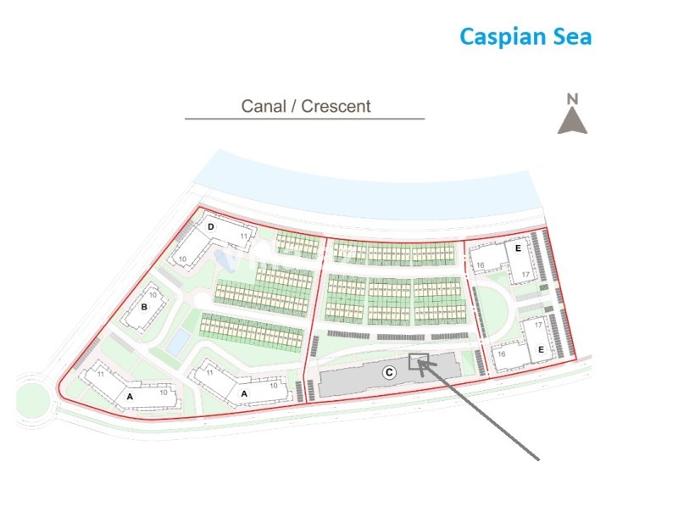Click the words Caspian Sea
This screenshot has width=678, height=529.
[525, 36]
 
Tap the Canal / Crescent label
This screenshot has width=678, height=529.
[306, 106]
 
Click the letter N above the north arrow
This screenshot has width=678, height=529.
[572, 99]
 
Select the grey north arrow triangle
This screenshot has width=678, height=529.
[572, 121]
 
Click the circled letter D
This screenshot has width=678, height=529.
[212, 227]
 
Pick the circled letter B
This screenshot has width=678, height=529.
[145, 307]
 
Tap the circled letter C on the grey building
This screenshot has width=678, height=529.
[388, 371]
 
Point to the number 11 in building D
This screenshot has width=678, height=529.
[243, 237]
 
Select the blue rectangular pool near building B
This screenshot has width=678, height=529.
[176, 343]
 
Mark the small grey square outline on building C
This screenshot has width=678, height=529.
[417, 362]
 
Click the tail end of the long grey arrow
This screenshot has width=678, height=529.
[539, 460]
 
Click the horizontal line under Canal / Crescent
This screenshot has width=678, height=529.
[304, 119]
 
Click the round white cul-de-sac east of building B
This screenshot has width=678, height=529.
[197, 299]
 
